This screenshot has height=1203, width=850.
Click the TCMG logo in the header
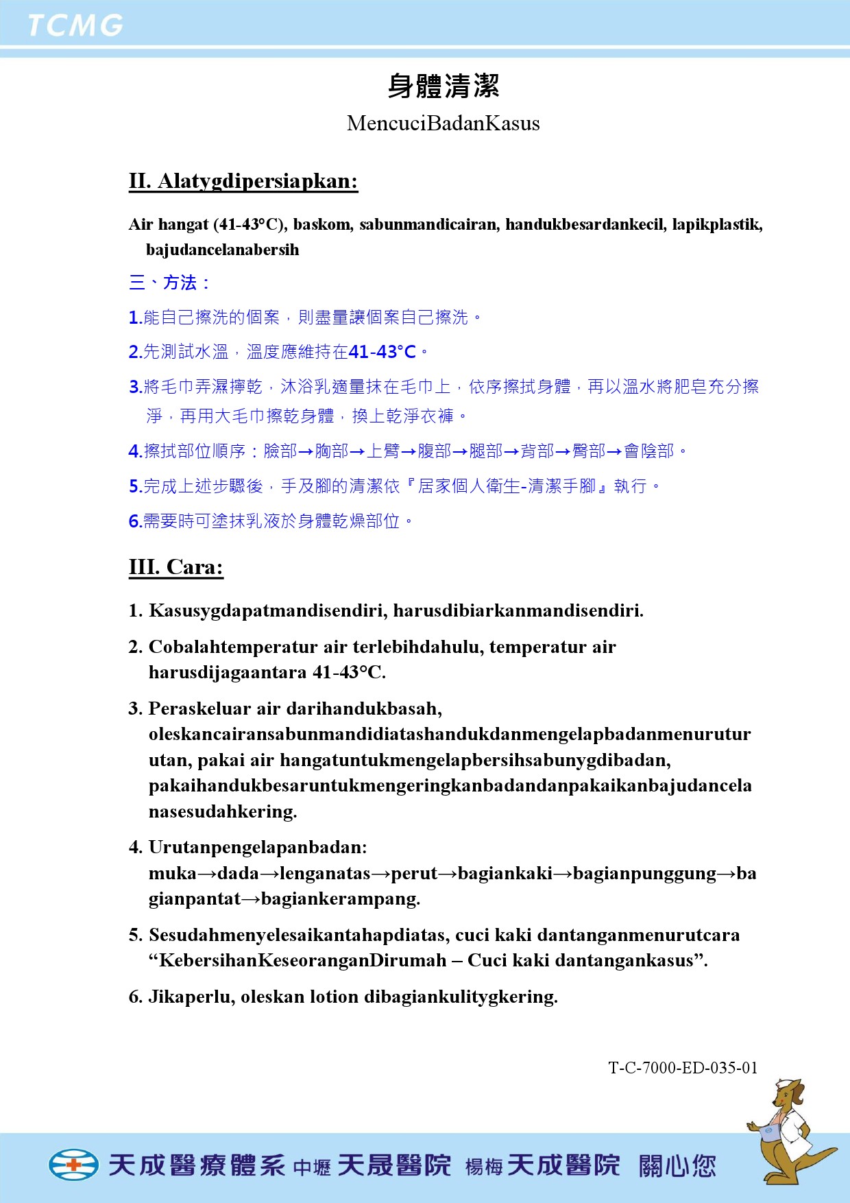[x=75, y=25]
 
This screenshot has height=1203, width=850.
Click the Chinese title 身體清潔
[x=444, y=86]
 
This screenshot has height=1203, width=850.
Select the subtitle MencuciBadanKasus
[x=444, y=123]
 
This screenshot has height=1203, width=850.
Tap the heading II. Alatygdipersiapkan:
[x=243, y=181]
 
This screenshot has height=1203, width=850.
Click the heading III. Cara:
[x=176, y=567]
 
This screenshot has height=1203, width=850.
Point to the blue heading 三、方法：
[x=169, y=283]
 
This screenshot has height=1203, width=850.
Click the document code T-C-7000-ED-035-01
[x=683, y=1068]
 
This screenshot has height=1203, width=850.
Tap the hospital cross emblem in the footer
[x=73, y=1165]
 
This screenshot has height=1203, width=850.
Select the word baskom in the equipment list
[x=322, y=224]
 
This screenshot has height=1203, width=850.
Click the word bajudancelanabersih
[x=223, y=250]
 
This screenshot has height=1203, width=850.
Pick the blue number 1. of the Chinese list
[x=135, y=318]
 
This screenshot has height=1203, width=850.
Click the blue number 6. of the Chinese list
[x=135, y=521]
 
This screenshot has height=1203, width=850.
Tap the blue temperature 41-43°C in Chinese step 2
[x=382, y=352]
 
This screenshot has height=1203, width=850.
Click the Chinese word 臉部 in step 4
[x=280, y=451]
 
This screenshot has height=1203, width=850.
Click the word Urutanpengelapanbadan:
[x=258, y=848]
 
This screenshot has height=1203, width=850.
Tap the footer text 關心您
[x=677, y=1165]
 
